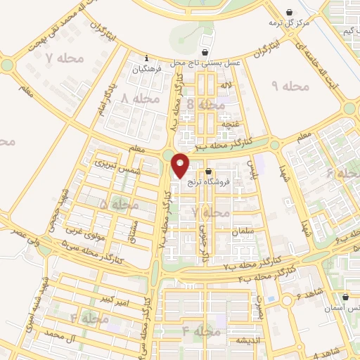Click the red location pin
(x=181, y=165)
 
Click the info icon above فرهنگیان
(x=146, y=58)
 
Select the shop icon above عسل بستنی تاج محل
(x=205, y=52)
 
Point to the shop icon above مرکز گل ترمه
(x=291, y=12)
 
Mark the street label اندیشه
(x=245, y=340)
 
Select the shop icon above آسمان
(x=346, y=297)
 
